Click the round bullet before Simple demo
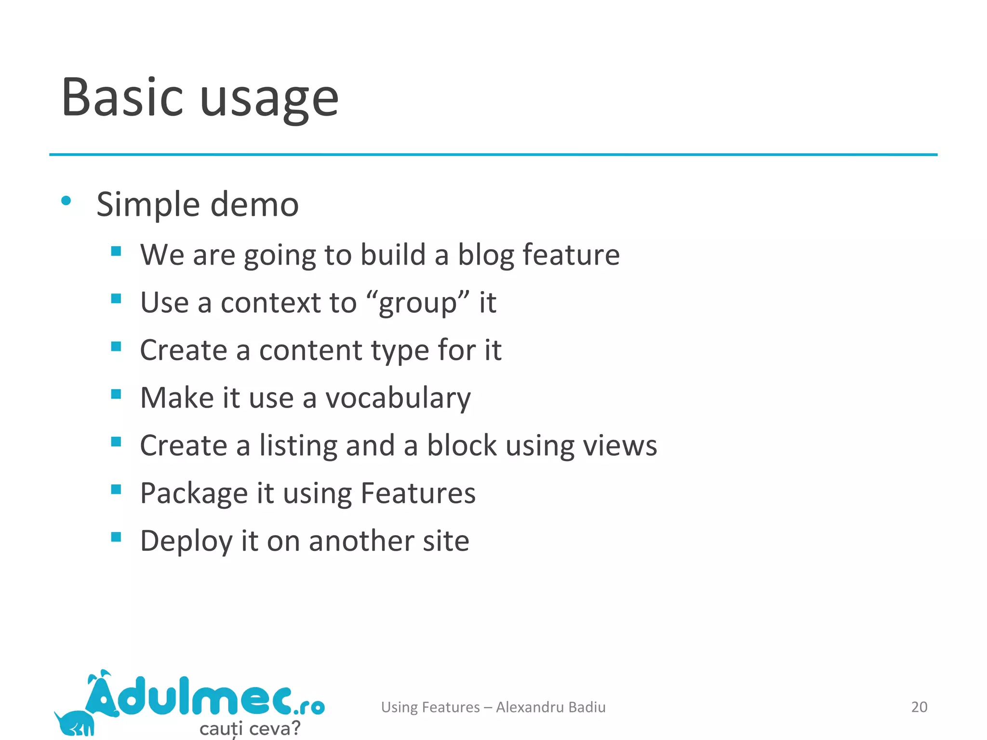pyautogui.click(x=67, y=201)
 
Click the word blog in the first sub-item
pyautogui.click(x=485, y=255)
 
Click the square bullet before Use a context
pyautogui.click(x=116, y=299)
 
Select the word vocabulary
pyautogui.click(x=398, y=399)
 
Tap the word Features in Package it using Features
pyautogui.click(x=418, y=493)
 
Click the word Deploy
pyautogui.click(x=186, y=542)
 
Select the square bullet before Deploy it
pyautogui.click(x=116, y=537)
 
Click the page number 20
pyautogui.click(x=919, y=707)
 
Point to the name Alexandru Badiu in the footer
pyautogui.click(x=550, y=707)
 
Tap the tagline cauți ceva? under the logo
pyautogui.click(x=250, y=728)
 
